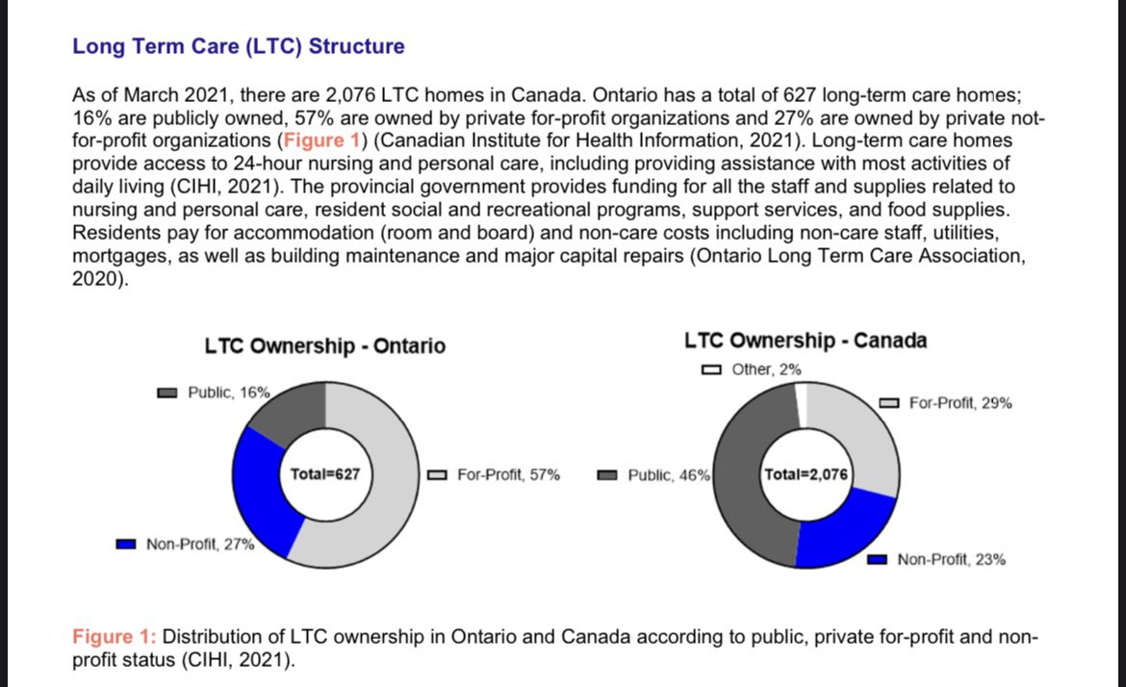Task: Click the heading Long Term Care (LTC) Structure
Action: pos(239,46)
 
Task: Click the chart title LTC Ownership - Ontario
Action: pos(325,345)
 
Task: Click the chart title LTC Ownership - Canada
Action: pos(806,341)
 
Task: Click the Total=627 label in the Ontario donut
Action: pos(325,473)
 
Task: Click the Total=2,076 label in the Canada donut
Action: pos(806,473)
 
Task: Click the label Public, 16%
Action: pos(228,393)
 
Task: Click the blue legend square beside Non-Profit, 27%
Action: pos(125,545)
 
